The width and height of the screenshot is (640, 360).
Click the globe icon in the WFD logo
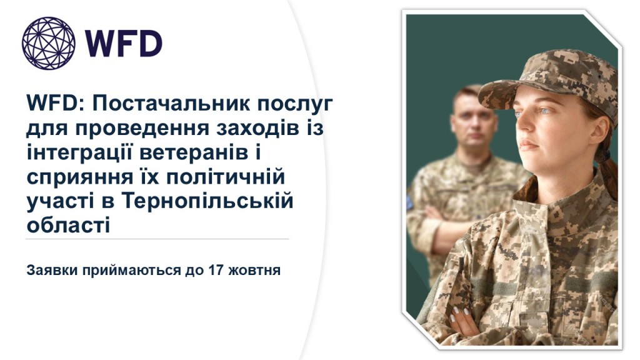[49, 43]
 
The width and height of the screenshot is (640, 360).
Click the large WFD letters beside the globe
[124, 44]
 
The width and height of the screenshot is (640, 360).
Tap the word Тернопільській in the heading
[207, 201]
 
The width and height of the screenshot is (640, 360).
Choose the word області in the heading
[68, 226]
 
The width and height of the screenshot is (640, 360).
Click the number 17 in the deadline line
[216, 270]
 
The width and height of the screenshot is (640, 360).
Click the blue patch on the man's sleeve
[409, 202]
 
